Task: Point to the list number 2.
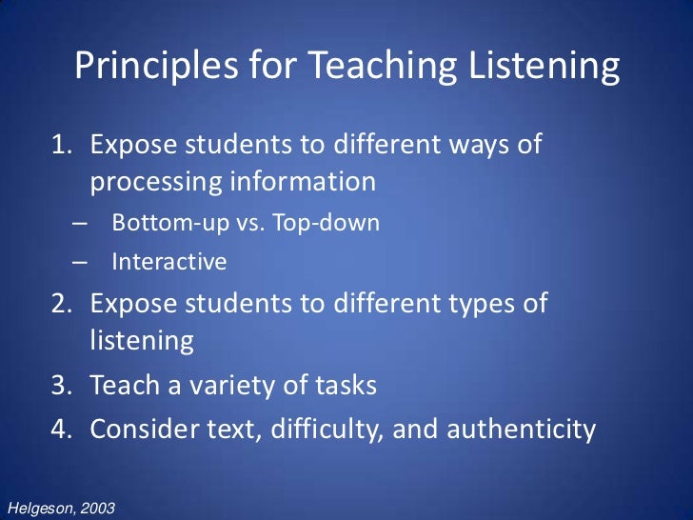(x=59, y=304)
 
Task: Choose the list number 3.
(x=59, y=386)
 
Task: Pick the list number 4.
(x=59, y=429)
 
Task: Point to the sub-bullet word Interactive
(x=169, y=260)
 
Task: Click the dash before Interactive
(x=79, y=260)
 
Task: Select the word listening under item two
(x=142, y=341)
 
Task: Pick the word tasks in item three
(x=341, y=386)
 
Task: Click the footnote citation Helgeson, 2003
(x=60, y=509)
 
